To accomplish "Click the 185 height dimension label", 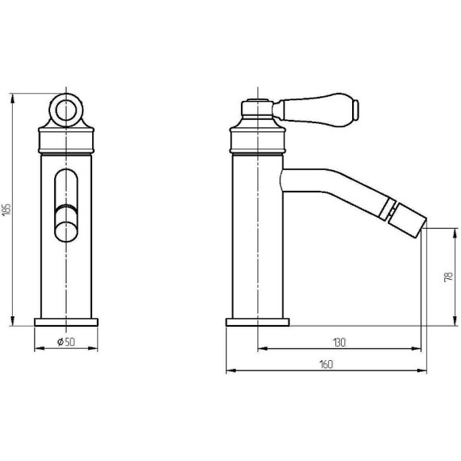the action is click(7, 209).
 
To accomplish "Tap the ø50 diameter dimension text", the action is click(66, 342).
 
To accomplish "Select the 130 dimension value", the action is click(339, 343).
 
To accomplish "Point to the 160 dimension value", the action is click(326, 365).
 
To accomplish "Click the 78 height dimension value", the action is click(449, 277).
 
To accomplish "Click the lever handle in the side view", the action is click(316, 108).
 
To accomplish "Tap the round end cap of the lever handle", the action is click(356, 110).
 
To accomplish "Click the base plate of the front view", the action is click(66, 322).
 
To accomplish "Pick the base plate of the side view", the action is click(258, 322).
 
